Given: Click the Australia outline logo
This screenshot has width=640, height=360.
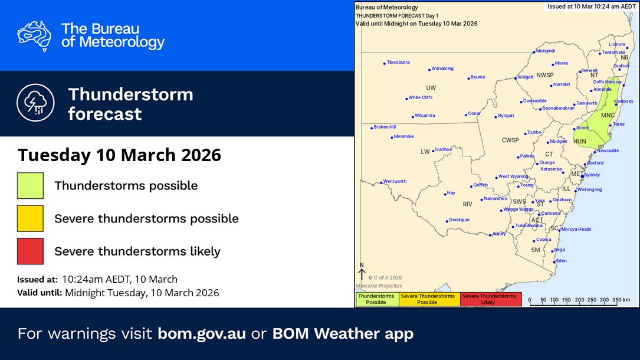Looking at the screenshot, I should click(34, 35).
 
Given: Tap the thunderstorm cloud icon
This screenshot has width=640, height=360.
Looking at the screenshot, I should click(34, 103).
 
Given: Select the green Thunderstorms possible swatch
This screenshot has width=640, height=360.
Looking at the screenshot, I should click(30, 185).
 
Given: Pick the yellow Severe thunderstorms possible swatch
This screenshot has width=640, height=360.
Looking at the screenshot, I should click(30, 218).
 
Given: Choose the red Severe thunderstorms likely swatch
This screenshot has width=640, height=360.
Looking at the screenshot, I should click(30, 251).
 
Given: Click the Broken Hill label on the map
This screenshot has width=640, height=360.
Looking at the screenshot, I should click(385, 127).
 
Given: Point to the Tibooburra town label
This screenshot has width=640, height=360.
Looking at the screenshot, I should click(398, 62).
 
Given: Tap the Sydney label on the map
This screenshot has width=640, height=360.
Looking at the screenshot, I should click(592, 175).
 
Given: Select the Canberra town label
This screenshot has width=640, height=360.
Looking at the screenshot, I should click(551, 213).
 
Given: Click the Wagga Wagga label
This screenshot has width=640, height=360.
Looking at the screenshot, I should click(518, 210).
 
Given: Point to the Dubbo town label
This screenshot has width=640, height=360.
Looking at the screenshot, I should click(534, 132).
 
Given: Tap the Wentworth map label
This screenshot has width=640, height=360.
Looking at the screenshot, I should click(395, 181).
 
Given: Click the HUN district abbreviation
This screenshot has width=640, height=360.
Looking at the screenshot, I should click(580, 142).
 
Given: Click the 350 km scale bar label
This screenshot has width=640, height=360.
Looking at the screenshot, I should click(622, 300).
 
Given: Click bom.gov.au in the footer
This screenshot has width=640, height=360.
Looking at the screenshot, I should click(202, 333).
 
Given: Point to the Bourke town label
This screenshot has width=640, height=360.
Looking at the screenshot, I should click(478, 77).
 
